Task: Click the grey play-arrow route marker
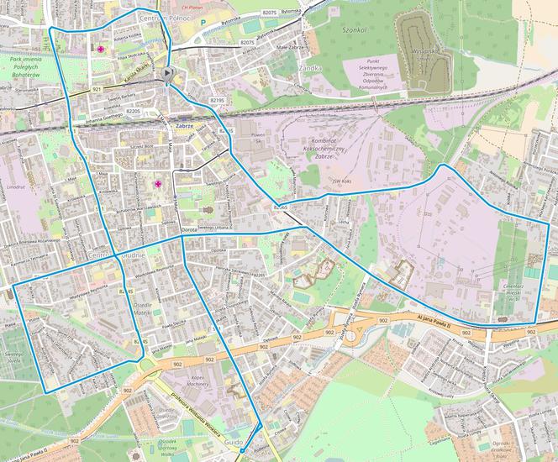click(170, 76)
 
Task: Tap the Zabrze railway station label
click(185, 125)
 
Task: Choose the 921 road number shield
click(74, 88)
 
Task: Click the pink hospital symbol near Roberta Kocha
click(102, 50)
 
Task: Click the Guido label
click(233, 443)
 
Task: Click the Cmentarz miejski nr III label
click(513, 291)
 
